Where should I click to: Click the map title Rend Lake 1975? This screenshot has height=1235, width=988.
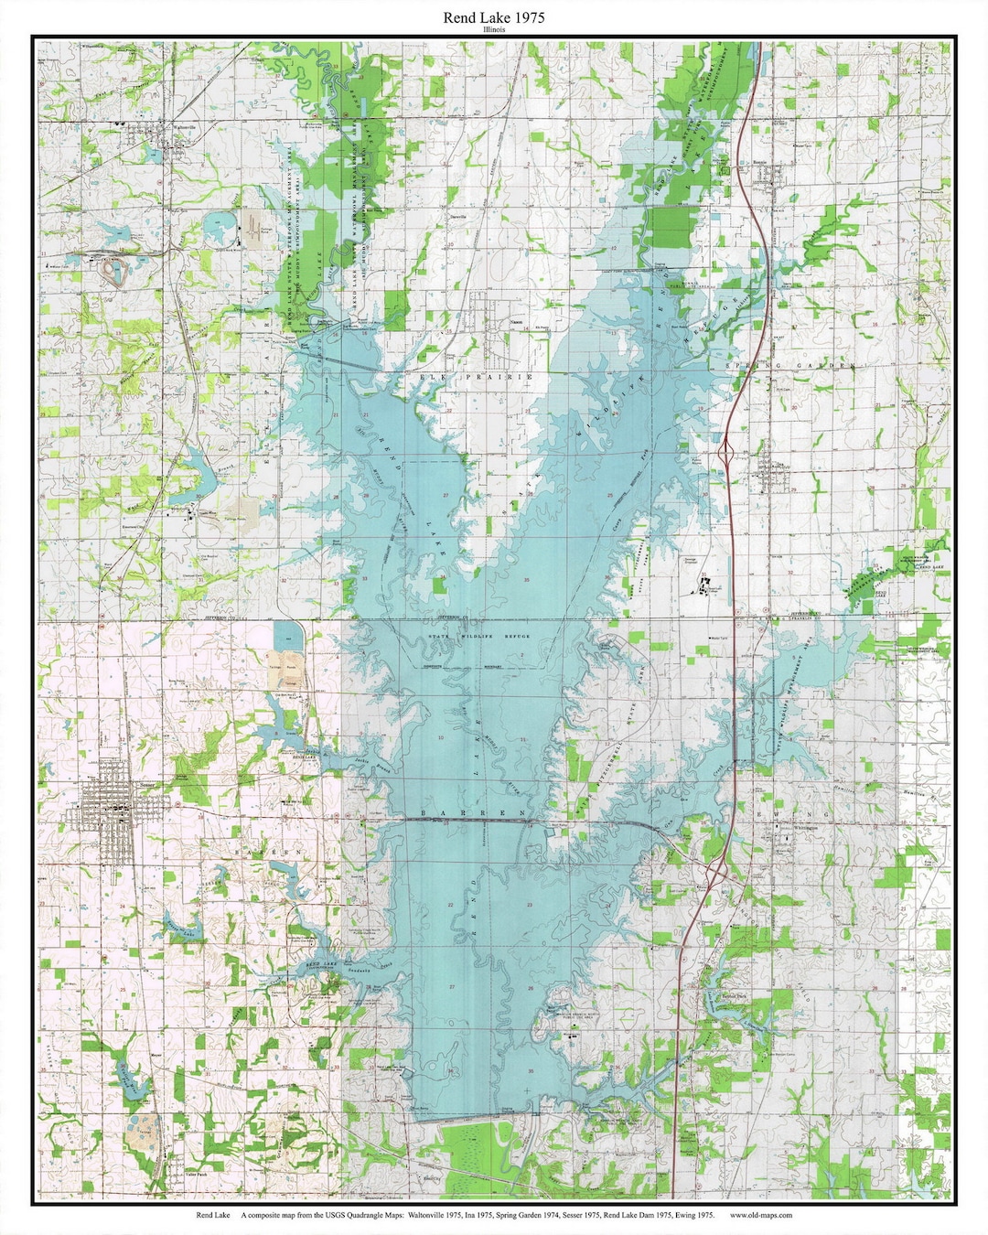(x=494, y=17)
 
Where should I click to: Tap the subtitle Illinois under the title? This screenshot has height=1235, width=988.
(x=494, y=29)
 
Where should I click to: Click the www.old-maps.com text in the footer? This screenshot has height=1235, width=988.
(x=761, y=1216)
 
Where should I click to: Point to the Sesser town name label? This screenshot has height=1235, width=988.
(x=146, y=785)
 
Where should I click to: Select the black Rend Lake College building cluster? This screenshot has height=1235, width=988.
(x=705, y=586)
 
